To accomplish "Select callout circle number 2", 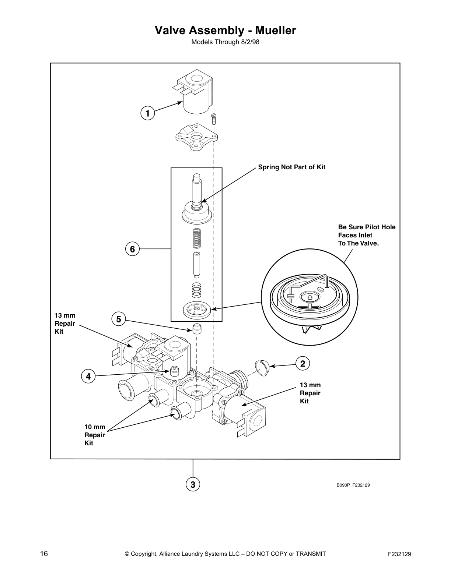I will tap(303, 364).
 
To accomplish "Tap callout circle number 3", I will tap(193, 484).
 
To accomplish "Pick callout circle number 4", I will tap(88, 377).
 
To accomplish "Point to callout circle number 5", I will tap(118, 319).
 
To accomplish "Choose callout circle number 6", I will tap(132, 249).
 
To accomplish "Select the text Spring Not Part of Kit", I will tap(291, 167).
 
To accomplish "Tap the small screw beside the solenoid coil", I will tap(213, 120).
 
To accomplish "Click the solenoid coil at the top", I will tap(195, 94).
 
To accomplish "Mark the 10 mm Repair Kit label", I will tap(95, 435).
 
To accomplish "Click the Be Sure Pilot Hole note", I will tap(366, 235).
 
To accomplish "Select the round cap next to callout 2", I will tap(262, 368).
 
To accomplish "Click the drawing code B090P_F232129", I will tap(353, 485).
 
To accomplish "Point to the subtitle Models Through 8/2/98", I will tap(225, 42).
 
